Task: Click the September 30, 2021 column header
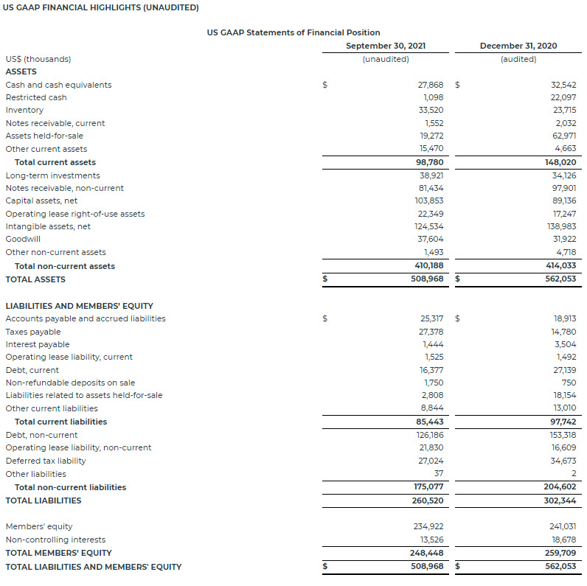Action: (386, 46)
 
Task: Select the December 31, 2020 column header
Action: (518, 46)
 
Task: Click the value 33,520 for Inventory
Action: (431, 110)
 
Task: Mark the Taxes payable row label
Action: (33, 332)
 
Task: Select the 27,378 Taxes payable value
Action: (431, 332)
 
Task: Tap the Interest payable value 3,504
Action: (566, 344)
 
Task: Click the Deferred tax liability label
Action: (46, 461)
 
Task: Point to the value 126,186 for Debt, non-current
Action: (429, 435)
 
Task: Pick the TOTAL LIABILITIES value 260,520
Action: (428, 500)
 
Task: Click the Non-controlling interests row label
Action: (55, 540)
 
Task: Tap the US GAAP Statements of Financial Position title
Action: (294, 32)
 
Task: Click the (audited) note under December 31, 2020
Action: (518, 59)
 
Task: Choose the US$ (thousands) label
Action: (38, 59)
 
